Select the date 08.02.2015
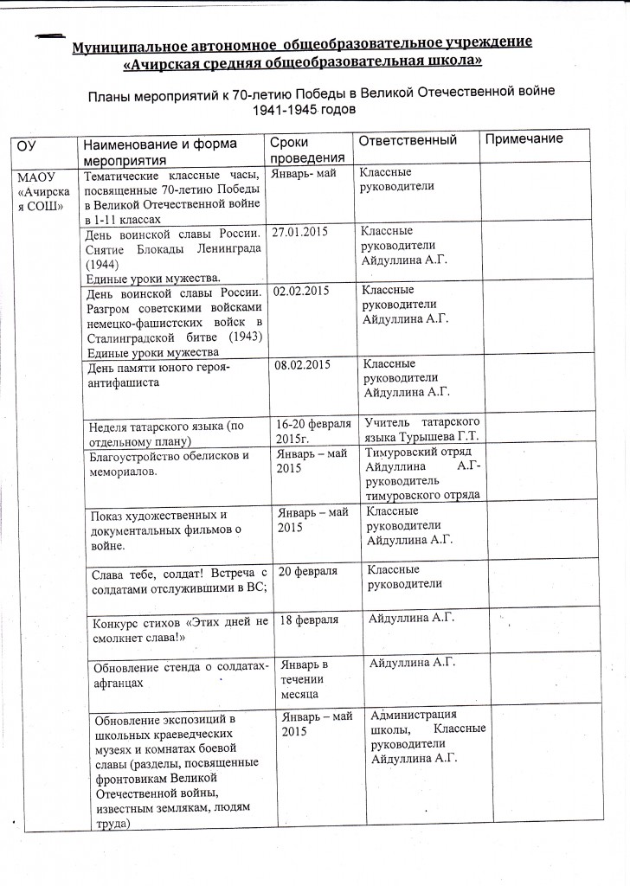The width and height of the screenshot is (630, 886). pos(303,366)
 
